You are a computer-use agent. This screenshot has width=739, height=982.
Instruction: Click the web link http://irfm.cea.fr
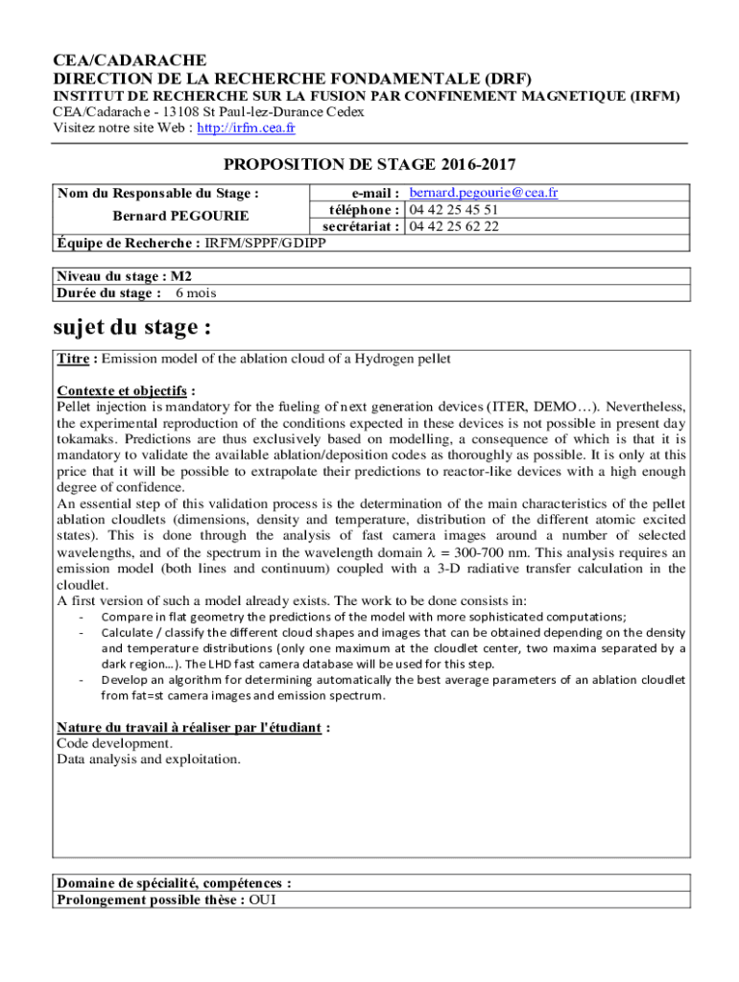point(246,128)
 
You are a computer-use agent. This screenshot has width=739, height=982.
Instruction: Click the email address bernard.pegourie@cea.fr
point(484,193)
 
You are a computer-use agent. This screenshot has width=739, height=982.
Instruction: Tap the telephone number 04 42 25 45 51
point(454,210)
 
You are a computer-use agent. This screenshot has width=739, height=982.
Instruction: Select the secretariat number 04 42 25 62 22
point(454,226)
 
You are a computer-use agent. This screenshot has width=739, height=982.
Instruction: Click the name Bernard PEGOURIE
point(168,216)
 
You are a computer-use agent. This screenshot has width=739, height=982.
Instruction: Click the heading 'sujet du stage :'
point(131,327)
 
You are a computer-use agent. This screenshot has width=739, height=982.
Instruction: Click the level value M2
point(180,276)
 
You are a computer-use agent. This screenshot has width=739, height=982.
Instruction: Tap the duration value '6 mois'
point(195,292)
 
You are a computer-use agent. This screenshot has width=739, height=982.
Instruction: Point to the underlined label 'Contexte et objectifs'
point(122,390)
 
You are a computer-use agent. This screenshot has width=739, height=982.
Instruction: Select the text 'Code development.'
point(115,743)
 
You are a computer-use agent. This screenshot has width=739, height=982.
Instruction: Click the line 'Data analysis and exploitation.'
point(149,760)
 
